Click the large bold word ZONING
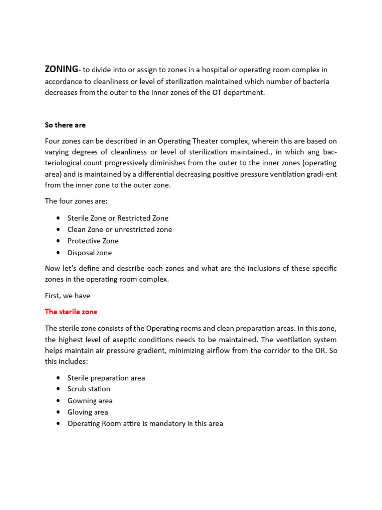pyautogui.click(x=62, y=69)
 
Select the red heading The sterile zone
pyautogui.click(x=71, y=312)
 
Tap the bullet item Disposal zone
pyautogui.click(x=90, y=253)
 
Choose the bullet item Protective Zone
pyautogui.click(x=93, y=241)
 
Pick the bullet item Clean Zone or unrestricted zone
pyautogui.click(x=119, y=229)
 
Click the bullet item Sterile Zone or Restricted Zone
pyautogui.click(x=118, y=218)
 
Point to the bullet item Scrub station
pyautogui.click(x=89, y=389)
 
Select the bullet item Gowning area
pyautogui.click(x=90, y=400)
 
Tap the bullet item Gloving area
pyautogui.click(x=88, y=412)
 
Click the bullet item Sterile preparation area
pyautogui.click(x=106, y=378)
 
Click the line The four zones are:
pyautogui.click(x=73, y=201)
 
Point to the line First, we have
pyautogui.click(x=67, y=296)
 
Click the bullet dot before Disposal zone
pyautogui.click(x=58, y=253)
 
